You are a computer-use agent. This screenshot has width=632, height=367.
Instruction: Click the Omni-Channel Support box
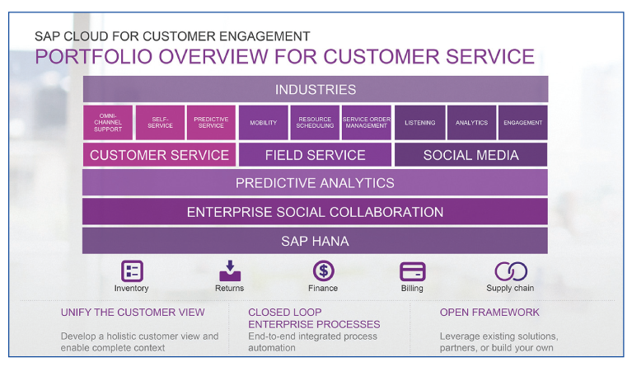(x=108, y=123)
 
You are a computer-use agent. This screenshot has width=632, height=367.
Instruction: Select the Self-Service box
(x=160, y=123)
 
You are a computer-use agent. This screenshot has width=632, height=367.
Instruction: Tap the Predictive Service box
(x=211, y=123)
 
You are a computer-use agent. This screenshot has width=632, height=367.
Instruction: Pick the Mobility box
(x=264, y=123)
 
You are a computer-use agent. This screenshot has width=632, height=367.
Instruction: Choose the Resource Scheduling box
(x=315, y=123)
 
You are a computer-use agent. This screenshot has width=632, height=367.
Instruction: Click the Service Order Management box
(x=366, y=123)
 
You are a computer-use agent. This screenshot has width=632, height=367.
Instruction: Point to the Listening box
(x=420, y=123)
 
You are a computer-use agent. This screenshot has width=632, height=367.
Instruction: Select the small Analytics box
(x=471, y=123)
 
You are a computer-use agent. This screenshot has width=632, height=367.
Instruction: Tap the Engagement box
(x=522, y=123)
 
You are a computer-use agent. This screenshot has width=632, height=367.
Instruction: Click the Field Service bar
(x=315, y=155)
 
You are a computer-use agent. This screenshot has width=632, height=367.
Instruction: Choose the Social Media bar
(x=470, y=155)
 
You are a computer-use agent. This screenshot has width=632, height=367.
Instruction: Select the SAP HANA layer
(x=315, y=241)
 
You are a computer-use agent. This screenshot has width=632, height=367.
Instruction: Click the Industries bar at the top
(x=315, y=89)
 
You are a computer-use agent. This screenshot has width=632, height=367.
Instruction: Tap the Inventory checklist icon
(x=132, y=271)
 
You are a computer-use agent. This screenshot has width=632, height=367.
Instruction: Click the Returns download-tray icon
(x=229, y=271)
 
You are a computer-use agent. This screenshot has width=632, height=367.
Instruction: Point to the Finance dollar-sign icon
(x=323, y=271)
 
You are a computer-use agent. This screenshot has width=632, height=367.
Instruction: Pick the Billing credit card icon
(x=412, y=271)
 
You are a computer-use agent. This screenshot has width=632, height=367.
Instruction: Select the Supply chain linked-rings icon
(x=510, y=271)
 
